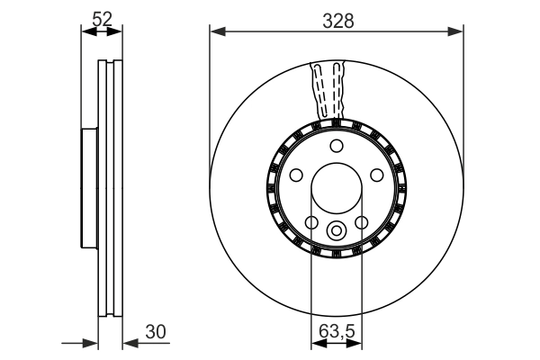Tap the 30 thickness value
[x=156, y=332]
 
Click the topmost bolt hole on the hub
[x=336, y=147]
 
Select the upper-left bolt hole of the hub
[x=295, y=175]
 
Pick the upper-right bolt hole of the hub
[x=377, y=175]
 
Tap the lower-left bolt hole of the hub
[x=311, y=222]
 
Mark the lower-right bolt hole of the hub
[x=361, y=222]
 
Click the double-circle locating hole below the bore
[x=336, y=229]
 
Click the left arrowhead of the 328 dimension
[x=215, y=33]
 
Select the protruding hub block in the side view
[x=88, y=189]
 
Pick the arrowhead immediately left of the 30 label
[x=127, y=343]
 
